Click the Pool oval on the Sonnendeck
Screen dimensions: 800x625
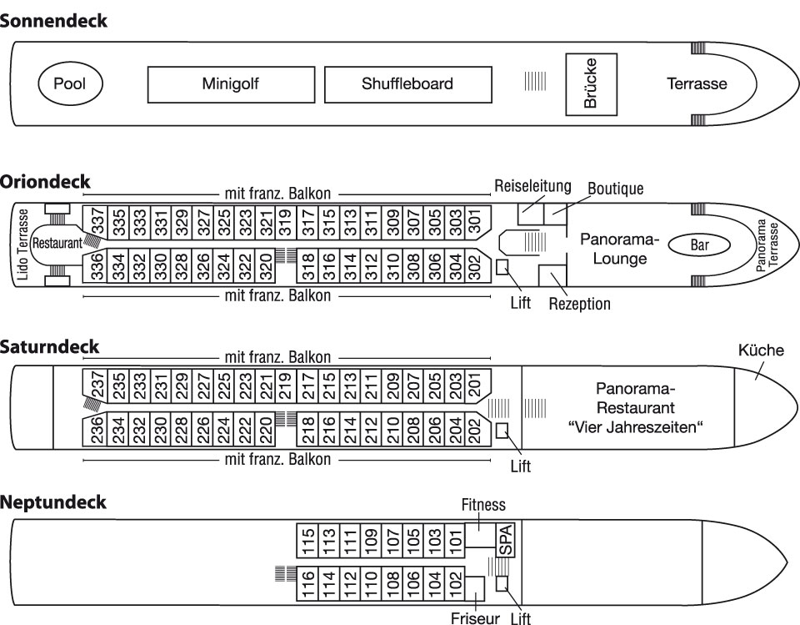pos(71,83)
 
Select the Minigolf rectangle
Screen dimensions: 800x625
pos(231,84)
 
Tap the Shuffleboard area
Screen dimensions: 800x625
pos(408,84)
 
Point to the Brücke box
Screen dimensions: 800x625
pos(592,84)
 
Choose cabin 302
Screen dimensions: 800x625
pos(474,266)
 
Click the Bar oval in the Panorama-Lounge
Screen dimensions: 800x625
pos(699,244)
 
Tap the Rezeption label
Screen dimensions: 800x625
pos(580,304)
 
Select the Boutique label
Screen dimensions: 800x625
pos(615,189)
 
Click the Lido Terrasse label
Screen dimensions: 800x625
pos(22,244)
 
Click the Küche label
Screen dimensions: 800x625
pos(761,350)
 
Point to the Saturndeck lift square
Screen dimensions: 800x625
pos(502,431)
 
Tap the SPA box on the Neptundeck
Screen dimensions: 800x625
pos(506,540)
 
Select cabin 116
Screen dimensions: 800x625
pos(307,583)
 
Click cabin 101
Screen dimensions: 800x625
pos(455,540)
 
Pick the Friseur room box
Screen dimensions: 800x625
pos(475,589)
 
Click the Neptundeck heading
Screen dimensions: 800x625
pos(53,502)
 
